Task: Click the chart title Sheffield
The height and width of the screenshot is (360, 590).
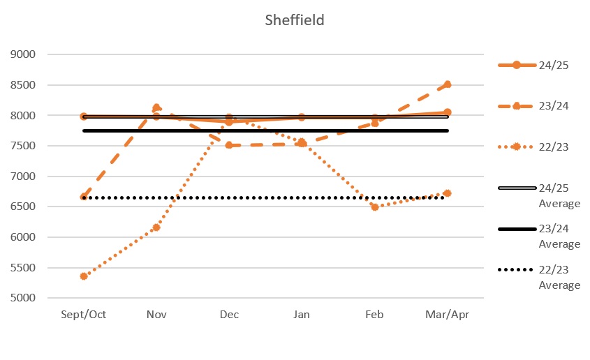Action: [294, 20]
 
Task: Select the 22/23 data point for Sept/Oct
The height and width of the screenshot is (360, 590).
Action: [84, 276]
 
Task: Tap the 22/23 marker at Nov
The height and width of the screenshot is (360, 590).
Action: [156, 227]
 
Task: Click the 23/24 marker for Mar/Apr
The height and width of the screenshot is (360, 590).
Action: [448, 84]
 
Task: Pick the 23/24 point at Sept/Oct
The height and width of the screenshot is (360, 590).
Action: [84, 197]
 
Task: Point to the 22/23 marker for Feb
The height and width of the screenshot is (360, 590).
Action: [375, 207]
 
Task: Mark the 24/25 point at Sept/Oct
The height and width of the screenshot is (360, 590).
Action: [84, 117]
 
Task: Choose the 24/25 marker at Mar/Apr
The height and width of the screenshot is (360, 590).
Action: [448, 112]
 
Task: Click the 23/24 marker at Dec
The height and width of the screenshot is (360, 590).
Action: [229, 145]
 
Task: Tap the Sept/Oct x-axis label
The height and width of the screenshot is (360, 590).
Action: [84, 315]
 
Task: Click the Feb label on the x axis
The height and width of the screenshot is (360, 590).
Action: [375, 315]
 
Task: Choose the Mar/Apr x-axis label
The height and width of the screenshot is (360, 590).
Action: [448, 315]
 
